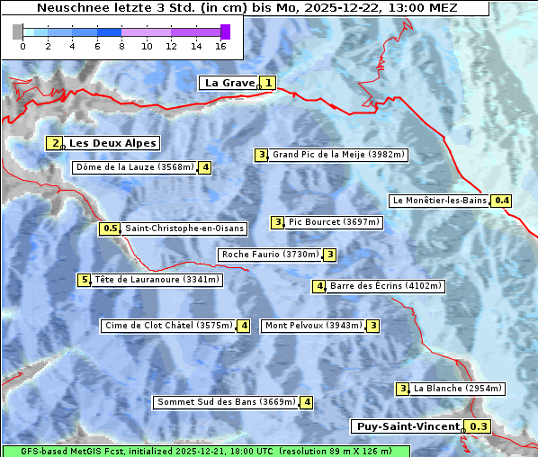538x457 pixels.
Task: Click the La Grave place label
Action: (x=229, y=83)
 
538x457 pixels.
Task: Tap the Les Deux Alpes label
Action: (x=112, y=143)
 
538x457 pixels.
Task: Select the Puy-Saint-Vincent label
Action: (x=408, y=426)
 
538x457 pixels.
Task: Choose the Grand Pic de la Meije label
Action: (x=339, y=155)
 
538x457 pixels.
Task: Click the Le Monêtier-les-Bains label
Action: (x=438, y=201)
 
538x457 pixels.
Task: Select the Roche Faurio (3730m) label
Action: (x=270, y=255)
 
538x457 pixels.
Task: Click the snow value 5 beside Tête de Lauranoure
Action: (x=84, y=280)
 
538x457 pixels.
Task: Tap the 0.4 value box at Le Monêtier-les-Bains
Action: (x=502, y=201)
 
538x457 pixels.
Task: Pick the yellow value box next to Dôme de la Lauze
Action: (x=206, y=167)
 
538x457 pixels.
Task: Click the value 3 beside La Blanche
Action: (x=403, y=389)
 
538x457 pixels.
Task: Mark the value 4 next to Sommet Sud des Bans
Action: (x=307, y=402)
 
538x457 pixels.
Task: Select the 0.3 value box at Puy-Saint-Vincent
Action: (x=479, y=426)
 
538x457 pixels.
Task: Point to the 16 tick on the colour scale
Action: (x=221, y=45)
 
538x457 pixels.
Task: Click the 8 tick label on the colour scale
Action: (x=121, y=45)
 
